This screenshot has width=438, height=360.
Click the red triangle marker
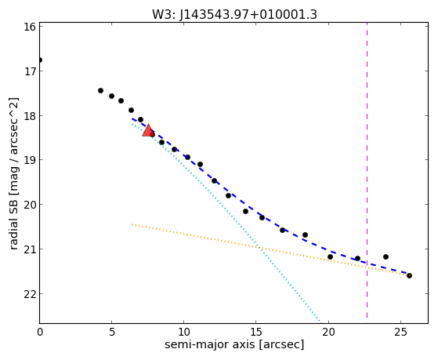pyautogui.click(x=148, y=131)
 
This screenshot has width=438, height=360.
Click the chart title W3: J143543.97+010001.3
pyautogui.click(x=234, y=15)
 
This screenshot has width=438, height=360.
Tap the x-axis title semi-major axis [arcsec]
pyautogui.click(x=234, y=344)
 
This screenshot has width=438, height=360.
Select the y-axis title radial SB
pyautogui.click(x=13, y=224)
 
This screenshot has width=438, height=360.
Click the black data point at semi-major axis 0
pyautogui.click(x=40, y=60)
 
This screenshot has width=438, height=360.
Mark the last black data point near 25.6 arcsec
pyautogui.click(x=409, y=276)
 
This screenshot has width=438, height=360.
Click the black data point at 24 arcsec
pyautogui.click(x=386, y=256)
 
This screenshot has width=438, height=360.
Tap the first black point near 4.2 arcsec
pyautogui.click(x=100, y=90)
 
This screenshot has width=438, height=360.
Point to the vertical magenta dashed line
pyautogui.click(x=367, y=170)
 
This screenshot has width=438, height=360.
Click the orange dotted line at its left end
pyautogui.click(x=132, y=224)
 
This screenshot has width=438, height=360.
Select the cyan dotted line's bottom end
pyautogui.click(x=321, y=322)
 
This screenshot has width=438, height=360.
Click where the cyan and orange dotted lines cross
pyautogui.click(x=259, y=248)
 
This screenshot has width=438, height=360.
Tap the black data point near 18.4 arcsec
pyautogui.click(x=305, y=235)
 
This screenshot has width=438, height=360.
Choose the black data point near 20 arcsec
pyautogui.click(x=330, y=256)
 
